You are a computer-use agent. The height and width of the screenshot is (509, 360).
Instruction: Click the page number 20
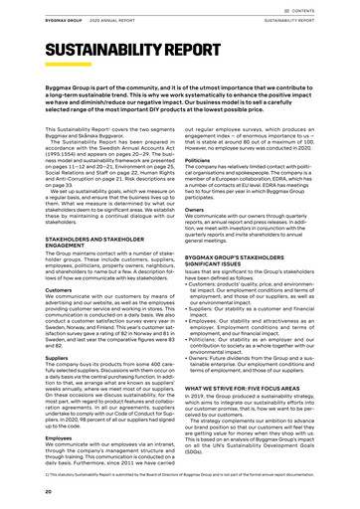[20, 492]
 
